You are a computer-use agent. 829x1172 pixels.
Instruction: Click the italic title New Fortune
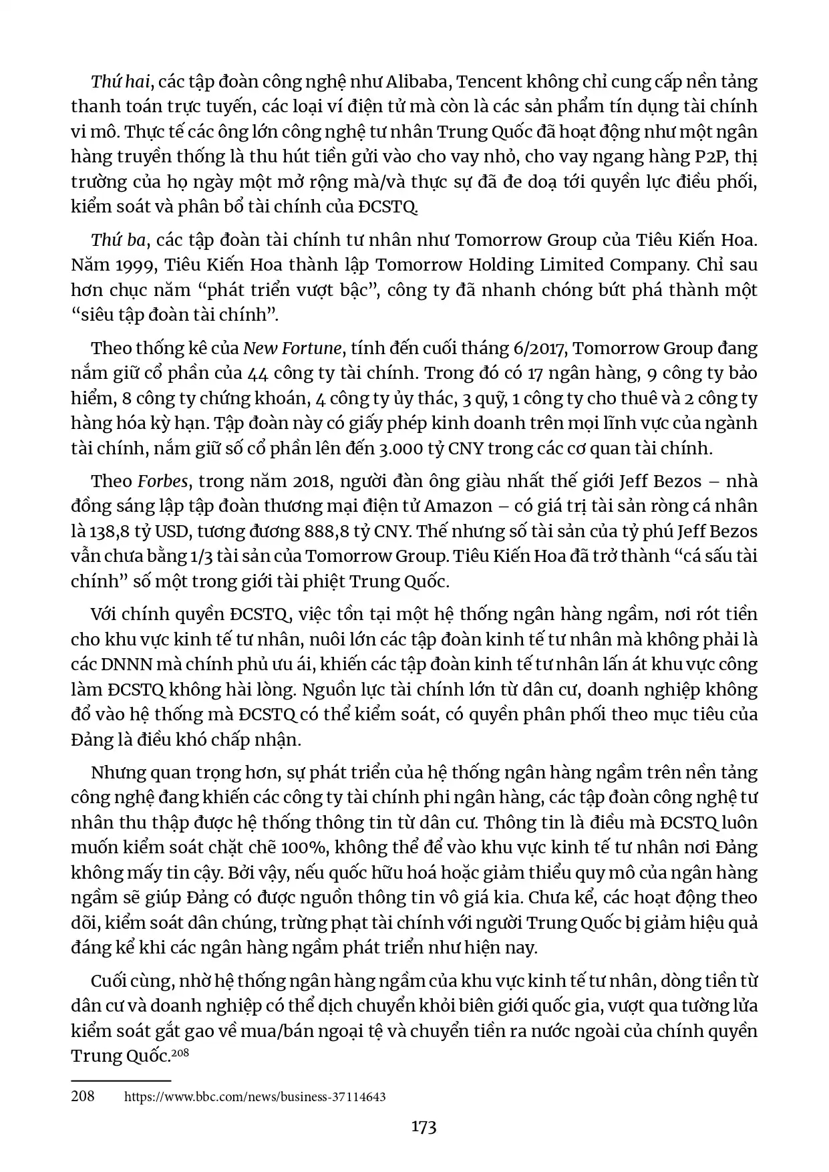293,348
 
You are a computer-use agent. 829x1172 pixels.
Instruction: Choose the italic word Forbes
163,481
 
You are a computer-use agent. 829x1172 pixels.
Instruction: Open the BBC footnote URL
255,1096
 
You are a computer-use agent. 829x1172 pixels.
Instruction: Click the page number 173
424,1127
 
